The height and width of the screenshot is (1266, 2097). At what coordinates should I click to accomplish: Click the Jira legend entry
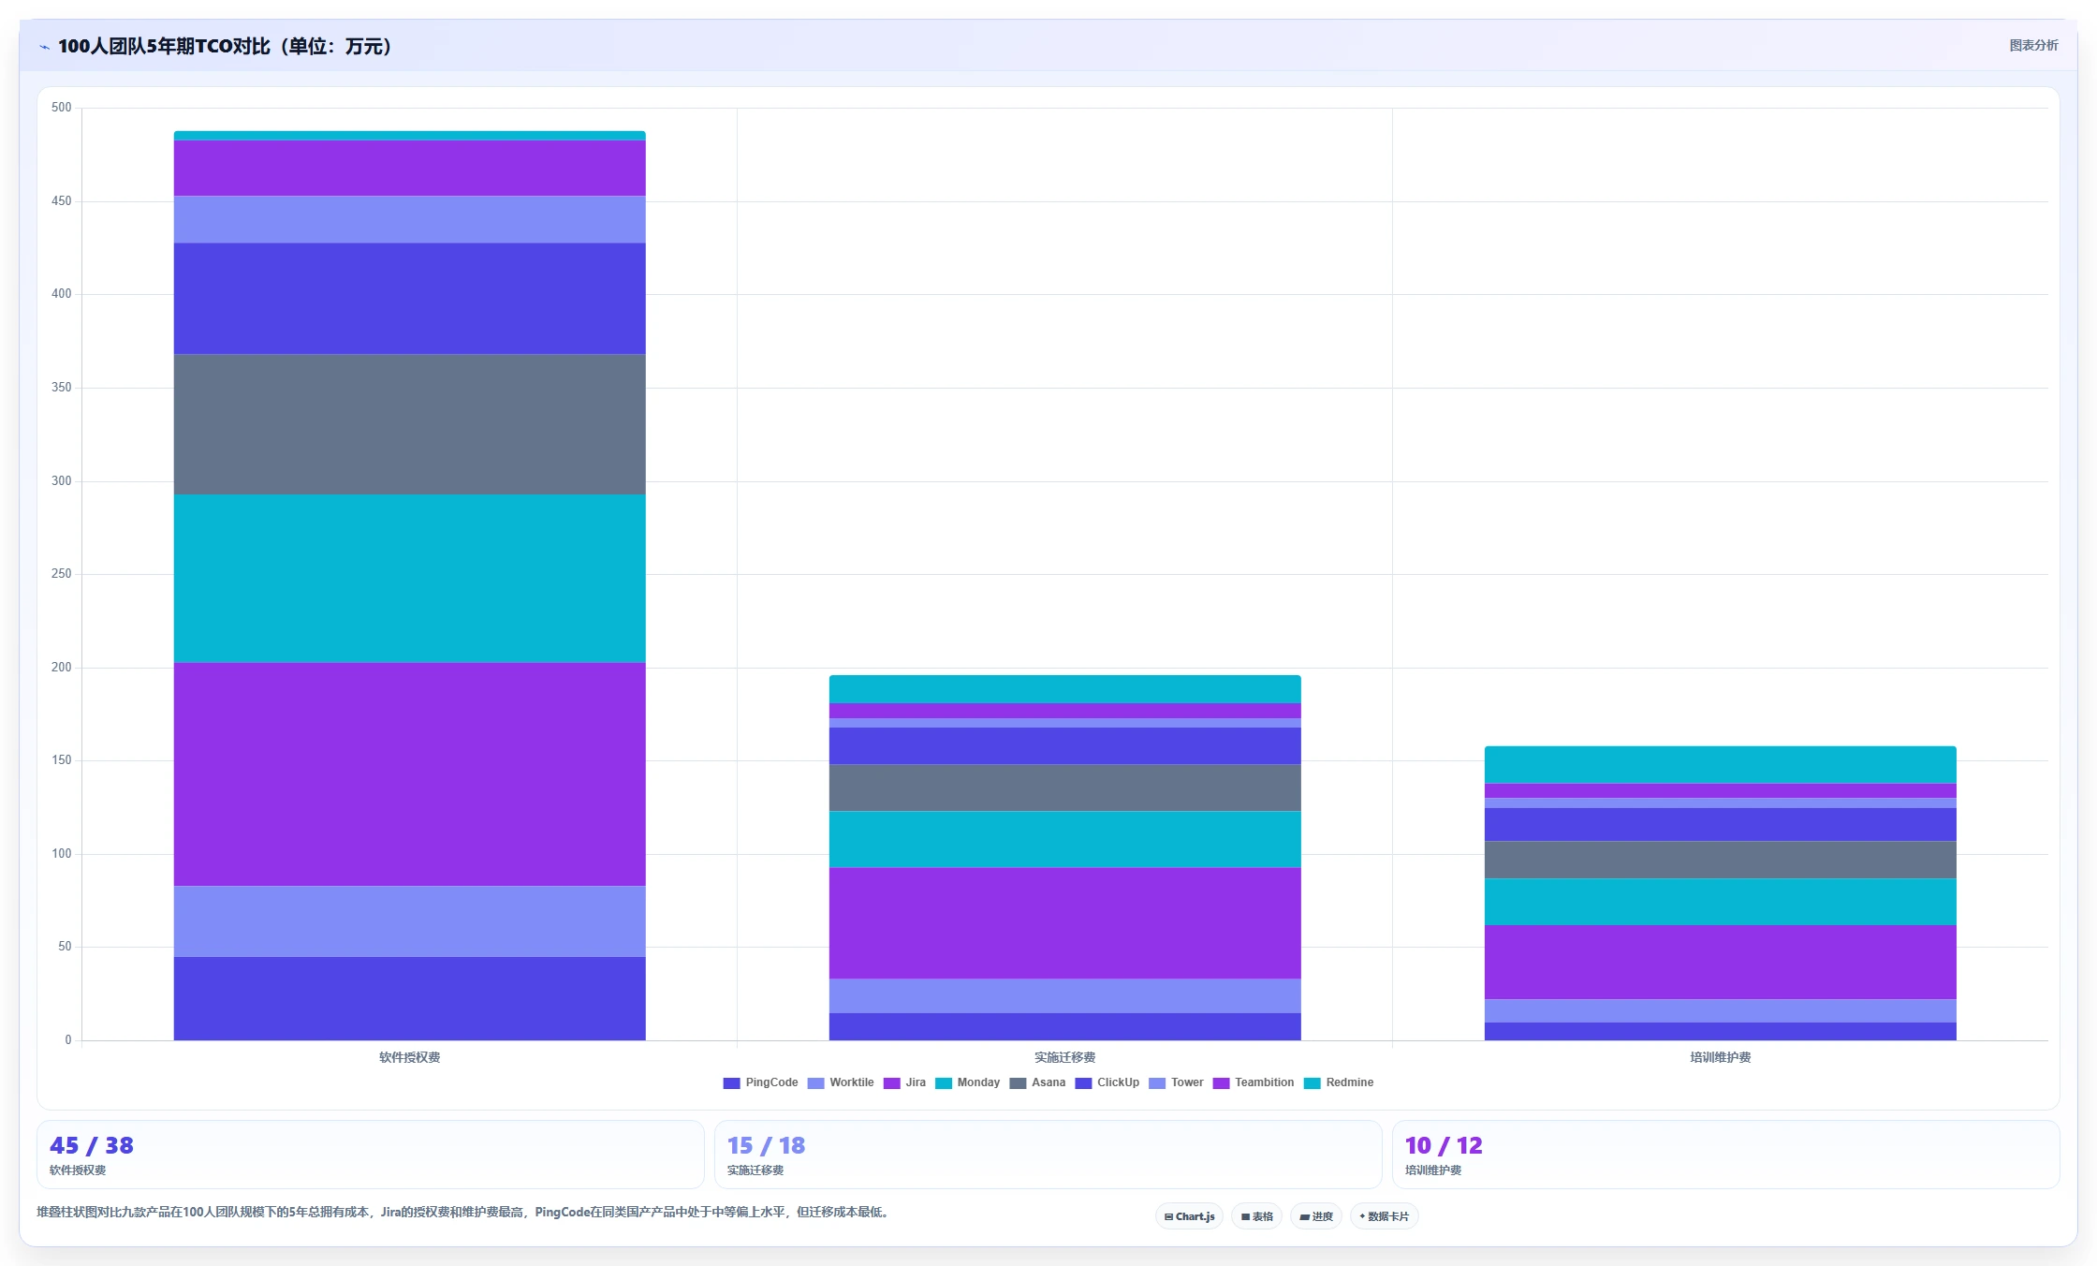[904, 1082]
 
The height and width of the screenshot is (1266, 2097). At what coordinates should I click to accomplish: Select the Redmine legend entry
[1339, 1082]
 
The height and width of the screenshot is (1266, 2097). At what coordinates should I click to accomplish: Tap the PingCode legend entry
[760, 1082]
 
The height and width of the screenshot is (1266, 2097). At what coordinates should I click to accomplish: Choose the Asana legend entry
[1037, 1082]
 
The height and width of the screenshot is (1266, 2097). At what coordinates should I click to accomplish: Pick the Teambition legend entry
[1254, 1082]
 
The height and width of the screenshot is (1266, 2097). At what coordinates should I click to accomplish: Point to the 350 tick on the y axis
[61, 388]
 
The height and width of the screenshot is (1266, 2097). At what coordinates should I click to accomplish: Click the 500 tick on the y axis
[61, 108]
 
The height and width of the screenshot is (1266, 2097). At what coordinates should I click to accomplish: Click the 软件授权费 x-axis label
[409, 1057]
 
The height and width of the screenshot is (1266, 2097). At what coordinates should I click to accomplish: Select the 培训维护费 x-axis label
[1720, 1057]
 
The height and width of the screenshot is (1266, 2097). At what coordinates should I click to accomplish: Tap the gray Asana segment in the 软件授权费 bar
[409, 424]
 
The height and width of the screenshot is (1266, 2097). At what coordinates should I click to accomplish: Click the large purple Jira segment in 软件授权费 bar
[409, 774]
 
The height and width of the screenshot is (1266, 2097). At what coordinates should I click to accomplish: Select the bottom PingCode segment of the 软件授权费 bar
[409, 998]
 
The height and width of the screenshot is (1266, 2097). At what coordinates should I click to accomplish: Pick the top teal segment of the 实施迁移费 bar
[1064, 689]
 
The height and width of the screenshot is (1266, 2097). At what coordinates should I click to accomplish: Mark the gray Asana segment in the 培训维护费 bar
[1720, 860]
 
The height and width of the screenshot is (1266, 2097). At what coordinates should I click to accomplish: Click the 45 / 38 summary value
[92, 1145]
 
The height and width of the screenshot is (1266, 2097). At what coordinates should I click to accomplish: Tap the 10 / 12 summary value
[1444, 1145]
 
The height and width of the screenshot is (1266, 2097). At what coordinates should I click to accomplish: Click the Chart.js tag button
[1189, 1216]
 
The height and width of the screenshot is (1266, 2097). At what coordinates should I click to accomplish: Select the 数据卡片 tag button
[1384, 1216]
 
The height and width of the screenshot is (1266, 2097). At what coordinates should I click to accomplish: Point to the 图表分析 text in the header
[2033, 45]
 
